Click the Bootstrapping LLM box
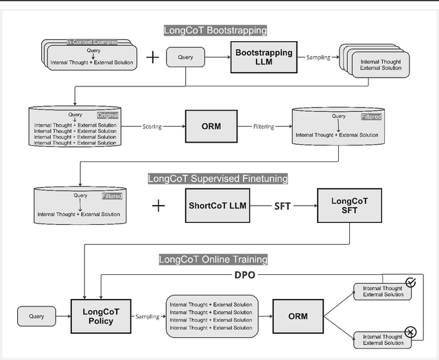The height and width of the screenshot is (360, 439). point(264,58)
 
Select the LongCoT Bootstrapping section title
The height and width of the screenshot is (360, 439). point(215,30)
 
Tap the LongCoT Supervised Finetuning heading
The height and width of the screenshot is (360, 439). point(217,179)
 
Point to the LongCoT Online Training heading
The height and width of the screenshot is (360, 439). point(213,260)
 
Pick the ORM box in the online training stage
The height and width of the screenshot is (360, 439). point(298,316)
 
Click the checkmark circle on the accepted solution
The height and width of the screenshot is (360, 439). point(410,281)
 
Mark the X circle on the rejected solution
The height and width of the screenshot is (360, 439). point(410,333)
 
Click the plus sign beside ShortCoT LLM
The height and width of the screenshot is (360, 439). point(158,205)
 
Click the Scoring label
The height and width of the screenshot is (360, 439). point(157,126)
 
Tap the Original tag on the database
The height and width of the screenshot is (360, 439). point(107,115)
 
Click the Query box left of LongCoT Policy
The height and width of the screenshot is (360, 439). point(36,316)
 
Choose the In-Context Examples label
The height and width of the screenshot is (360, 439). point(91,42)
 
